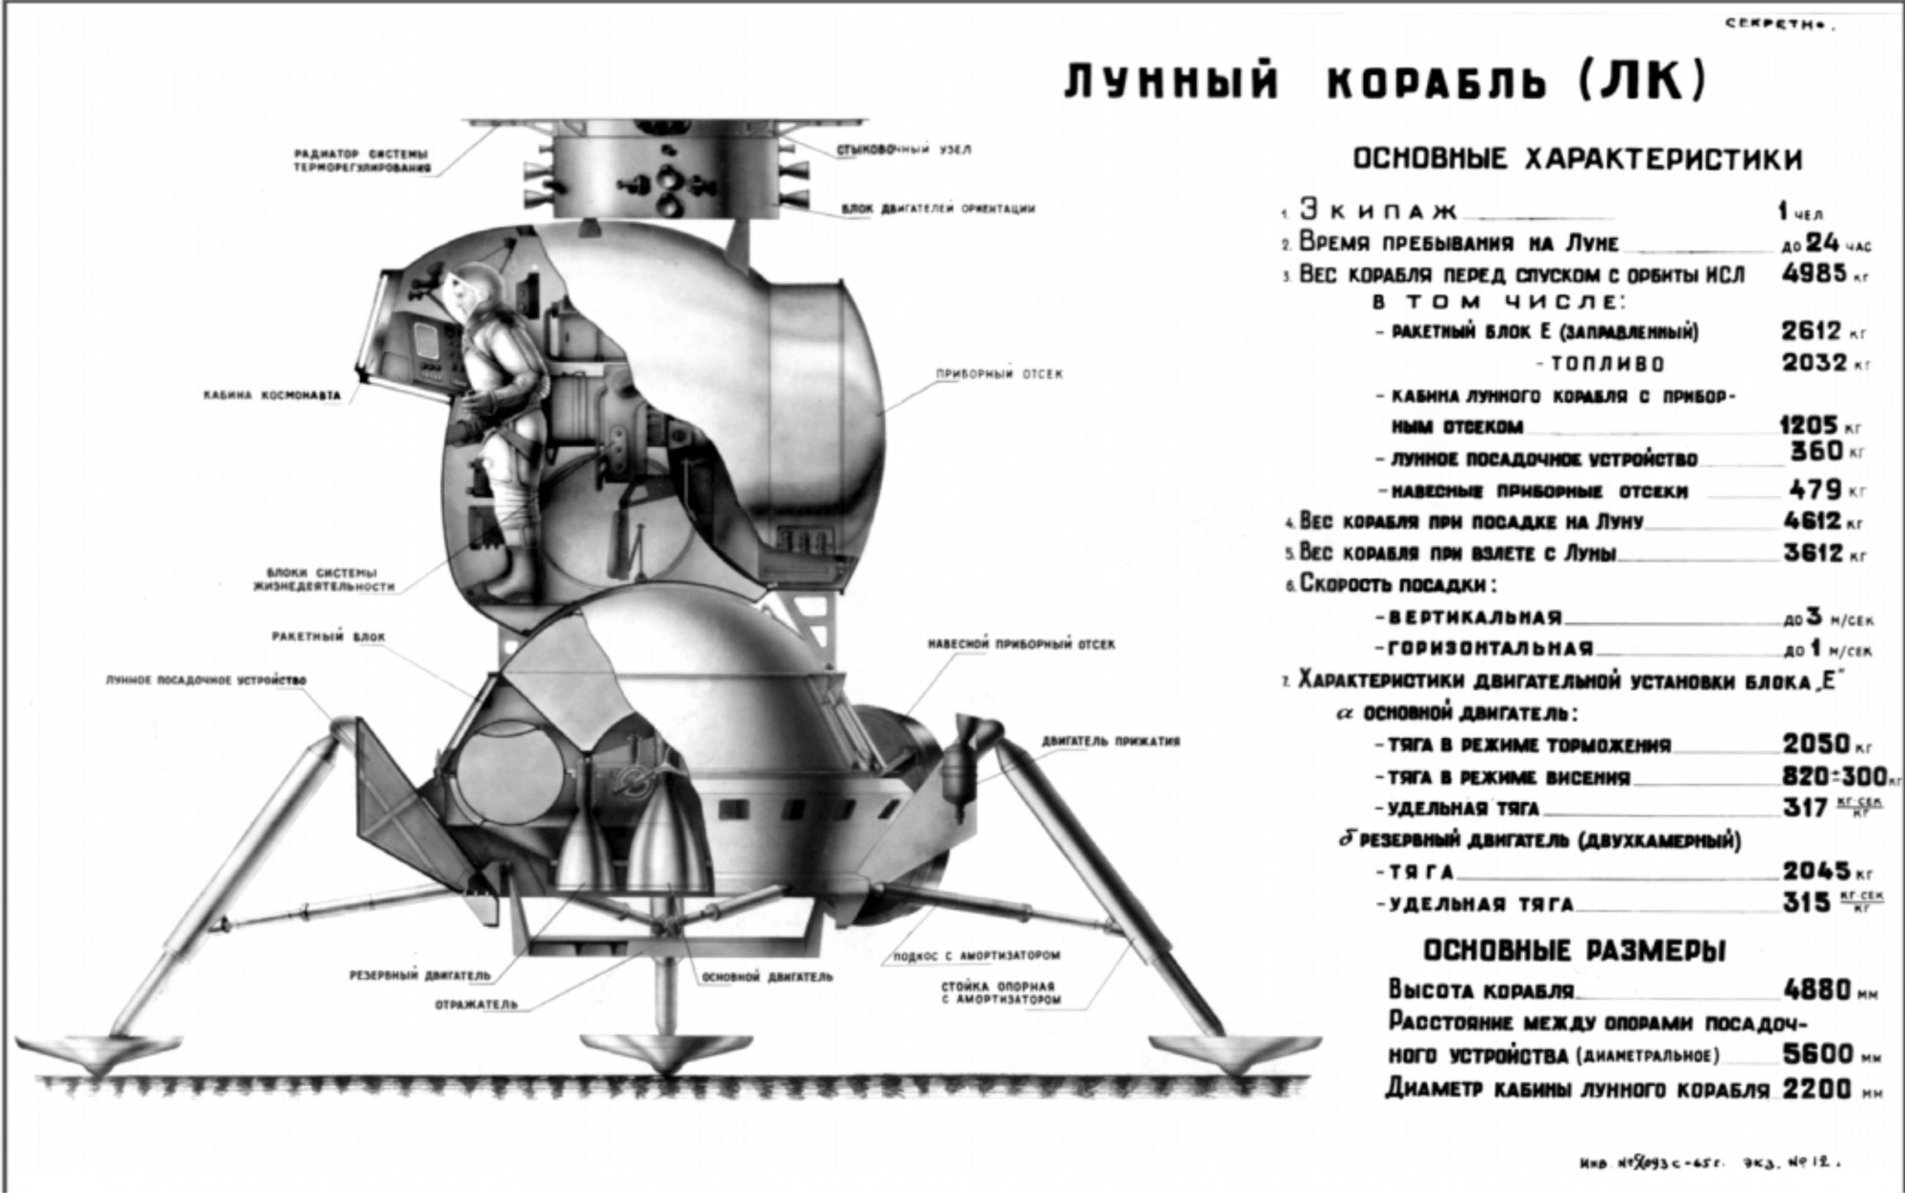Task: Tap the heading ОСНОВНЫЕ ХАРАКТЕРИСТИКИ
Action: [x=1577, y=158]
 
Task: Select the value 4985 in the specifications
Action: [x=1814, y=273]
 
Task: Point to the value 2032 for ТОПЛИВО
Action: [x=1814, y=363]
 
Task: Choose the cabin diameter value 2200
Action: [x=1817, y=1088]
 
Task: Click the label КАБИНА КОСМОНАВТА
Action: [x=271, y=394]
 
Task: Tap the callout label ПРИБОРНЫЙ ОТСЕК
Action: [x=999, y=374]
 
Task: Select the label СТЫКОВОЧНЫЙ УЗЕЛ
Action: [x=904, y=151]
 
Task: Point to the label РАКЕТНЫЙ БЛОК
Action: [x=328, y=637]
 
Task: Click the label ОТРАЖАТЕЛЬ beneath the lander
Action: [x=476, y=1004]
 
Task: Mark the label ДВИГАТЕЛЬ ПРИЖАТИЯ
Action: [x=1111, y=740]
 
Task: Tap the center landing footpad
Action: [x=639, y=1053]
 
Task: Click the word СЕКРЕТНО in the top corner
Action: [x=1779, y=25]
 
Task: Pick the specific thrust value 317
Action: [x=1805, y=808]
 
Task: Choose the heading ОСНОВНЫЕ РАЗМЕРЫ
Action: [x=1574, y=950]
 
